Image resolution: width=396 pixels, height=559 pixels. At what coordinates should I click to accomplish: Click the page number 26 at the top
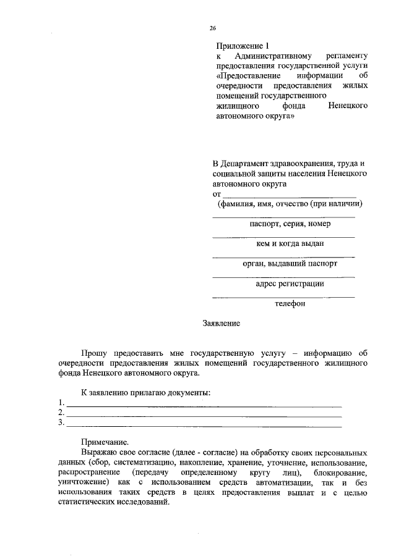point(212,28)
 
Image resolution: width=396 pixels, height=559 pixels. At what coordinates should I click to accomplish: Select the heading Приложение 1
point(243,46)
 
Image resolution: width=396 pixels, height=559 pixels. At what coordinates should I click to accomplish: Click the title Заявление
point(221,323)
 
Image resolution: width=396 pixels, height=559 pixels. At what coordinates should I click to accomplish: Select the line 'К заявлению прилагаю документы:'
point(147,393)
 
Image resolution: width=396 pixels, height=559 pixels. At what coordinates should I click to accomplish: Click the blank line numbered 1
point(204,406)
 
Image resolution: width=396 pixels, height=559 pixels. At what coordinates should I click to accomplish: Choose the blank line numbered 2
point(204,416)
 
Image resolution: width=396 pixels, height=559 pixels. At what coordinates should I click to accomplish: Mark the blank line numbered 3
point(204,426)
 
